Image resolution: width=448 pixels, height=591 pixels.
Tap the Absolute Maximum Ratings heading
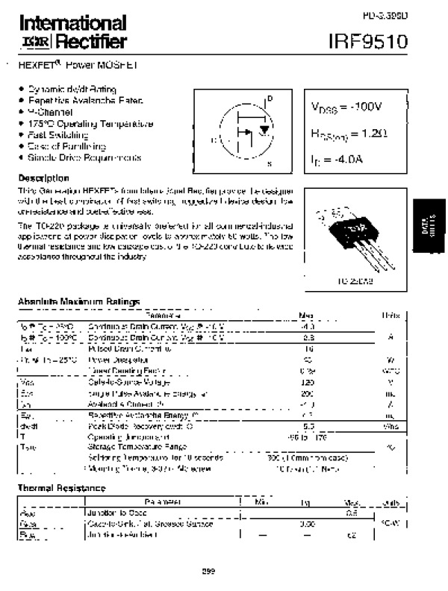click(x=78, y=301)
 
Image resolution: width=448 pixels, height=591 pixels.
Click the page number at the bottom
click(x=208, y=572)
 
